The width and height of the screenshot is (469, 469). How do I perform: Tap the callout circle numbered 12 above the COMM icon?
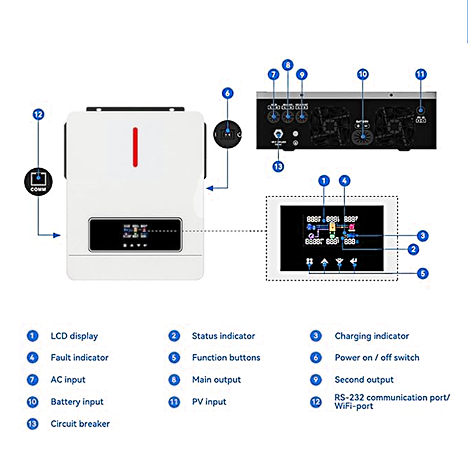tap(38, 114)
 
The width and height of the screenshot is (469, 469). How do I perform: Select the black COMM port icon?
tap(38, 181)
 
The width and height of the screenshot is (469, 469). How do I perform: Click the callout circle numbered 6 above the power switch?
tap(227, 93)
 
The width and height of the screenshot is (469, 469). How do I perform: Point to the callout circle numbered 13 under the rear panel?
tap(278, 166)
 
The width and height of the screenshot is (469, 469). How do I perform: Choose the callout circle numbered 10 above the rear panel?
tap(362, 74)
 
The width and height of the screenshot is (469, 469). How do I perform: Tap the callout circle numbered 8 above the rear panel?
tap(287, 65)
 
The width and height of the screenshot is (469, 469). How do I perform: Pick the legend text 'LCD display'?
tap(74, 336)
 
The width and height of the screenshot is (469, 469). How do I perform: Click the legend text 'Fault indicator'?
tap(79, 357)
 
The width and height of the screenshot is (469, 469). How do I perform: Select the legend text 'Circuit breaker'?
tap(80, 423)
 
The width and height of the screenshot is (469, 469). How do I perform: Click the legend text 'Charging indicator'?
tap(372, 336)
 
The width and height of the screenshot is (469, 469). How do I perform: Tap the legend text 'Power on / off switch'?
tap(377, 357)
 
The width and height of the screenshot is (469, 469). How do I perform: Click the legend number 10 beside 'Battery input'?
tap(33, 402)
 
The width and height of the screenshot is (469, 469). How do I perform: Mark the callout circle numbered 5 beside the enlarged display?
tap(423, 273)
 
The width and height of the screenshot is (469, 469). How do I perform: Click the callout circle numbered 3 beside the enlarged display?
tap(423, 236)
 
